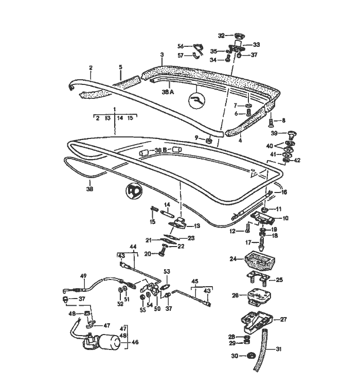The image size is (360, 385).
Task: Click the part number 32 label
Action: [x=222, y=36]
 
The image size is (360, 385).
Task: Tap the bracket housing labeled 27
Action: [x=256, y=322]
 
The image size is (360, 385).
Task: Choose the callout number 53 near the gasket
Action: [x=167, y=271]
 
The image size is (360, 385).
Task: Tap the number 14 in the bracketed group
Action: [x=120, y=118]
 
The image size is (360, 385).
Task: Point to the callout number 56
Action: [x=181, y=45]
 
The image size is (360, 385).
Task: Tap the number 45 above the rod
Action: [x=195, y=281]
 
